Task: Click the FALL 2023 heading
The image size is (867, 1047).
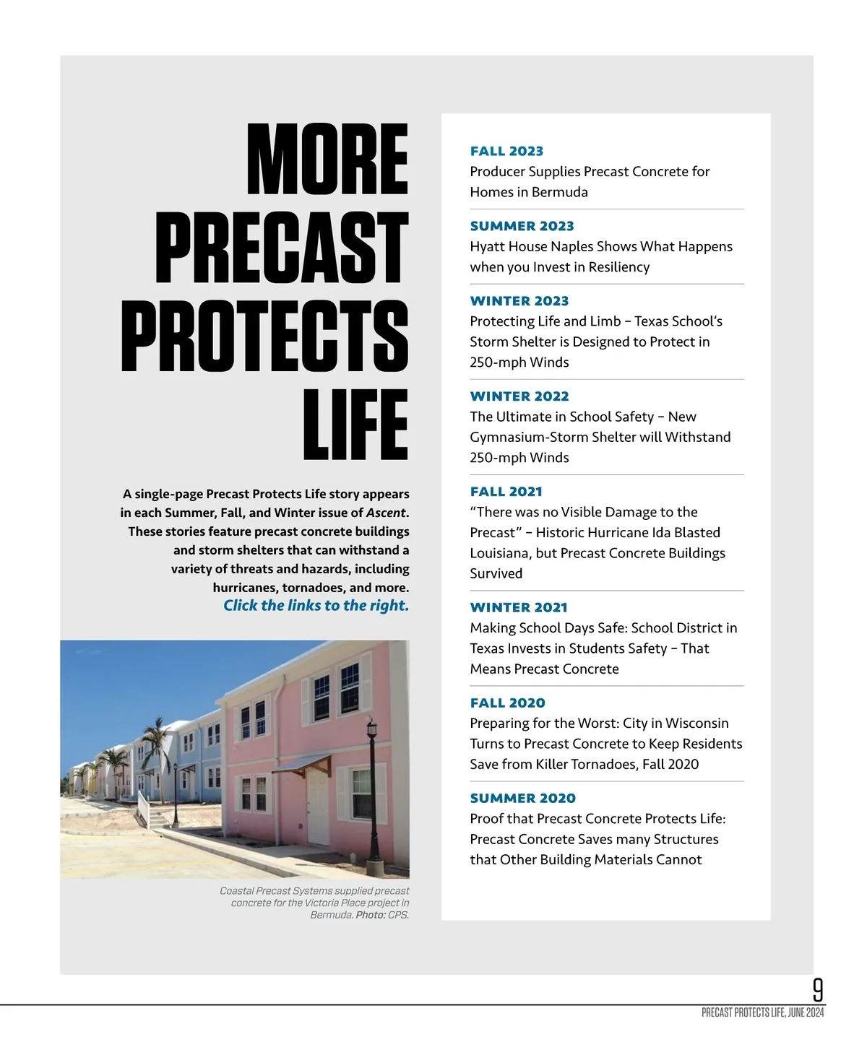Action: pyautogui.click(x=506, y=151)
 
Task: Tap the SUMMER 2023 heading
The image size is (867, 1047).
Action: pyautogui.click(x=522, y=226)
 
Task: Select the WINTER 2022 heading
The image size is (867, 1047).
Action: pyautogui.click(x=519, y=396)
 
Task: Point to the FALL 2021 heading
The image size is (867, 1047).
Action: pyautogui.click(x=506, y=492)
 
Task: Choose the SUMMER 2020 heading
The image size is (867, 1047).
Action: pyautogui.click(x=522, y=798)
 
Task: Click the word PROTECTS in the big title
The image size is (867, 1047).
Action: pyautogui.click(x=265, y=336)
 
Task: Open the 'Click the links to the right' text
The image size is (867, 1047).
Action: pyautogui.click(x=316, y=606)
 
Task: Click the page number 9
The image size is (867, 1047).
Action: pyautogui.click(x=818, y=989)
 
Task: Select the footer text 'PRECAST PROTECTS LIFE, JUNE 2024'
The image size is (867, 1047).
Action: pyautogui.click(x=762, y=1013)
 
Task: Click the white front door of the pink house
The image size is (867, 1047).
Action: pyautogui.click(x=318, y=801)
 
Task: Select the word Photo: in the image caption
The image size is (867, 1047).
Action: pyautogui.click(x=371, y=915)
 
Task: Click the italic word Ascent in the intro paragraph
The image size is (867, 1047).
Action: pyautogui.click(x=386, y=513)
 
